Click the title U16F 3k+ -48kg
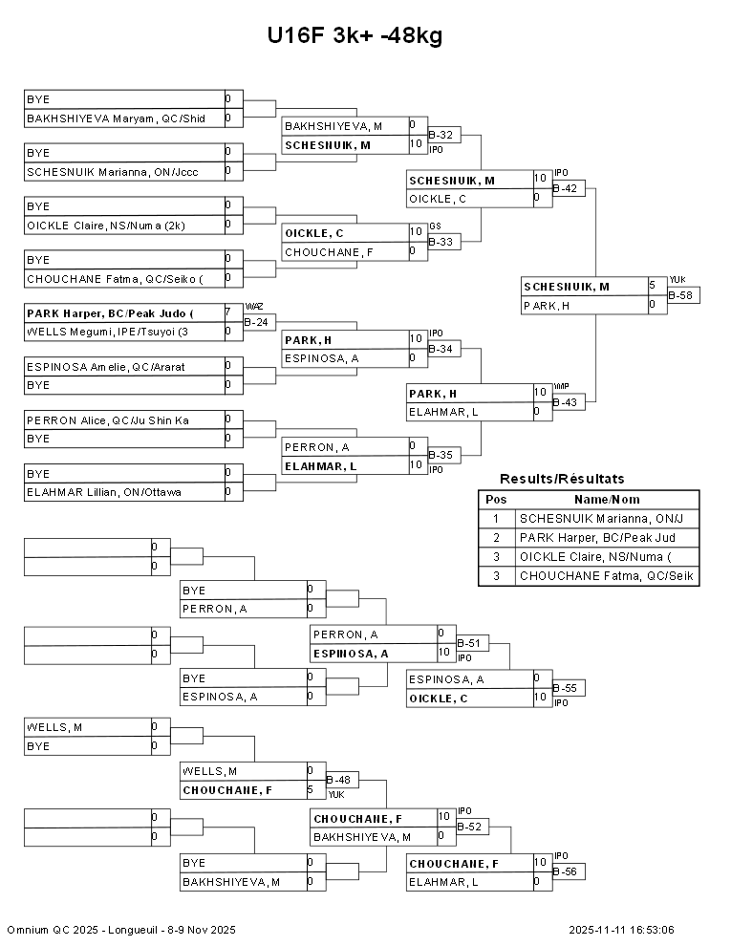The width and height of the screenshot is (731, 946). coord(355,35)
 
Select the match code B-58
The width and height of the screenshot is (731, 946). coord(682,295)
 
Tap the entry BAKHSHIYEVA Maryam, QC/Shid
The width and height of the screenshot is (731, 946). coord(116,118)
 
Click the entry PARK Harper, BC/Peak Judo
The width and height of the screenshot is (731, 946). coord(110,313)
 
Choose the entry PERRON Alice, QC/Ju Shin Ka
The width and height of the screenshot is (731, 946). coord(108,419)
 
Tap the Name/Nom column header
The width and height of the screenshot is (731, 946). coord(607,500)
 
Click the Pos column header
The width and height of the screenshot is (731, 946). coord(496,500)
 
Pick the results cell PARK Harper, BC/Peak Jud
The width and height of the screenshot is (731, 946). coord(595,538)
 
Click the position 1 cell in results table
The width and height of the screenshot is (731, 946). coord(496,519)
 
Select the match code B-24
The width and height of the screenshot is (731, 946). coord(255,322)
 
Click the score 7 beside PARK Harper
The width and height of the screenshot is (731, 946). coord(228,312)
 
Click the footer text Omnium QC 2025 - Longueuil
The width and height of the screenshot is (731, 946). coord(121,930)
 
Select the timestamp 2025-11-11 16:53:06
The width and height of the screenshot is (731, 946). coord(621,930)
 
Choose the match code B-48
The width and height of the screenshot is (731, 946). coord(340,780)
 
